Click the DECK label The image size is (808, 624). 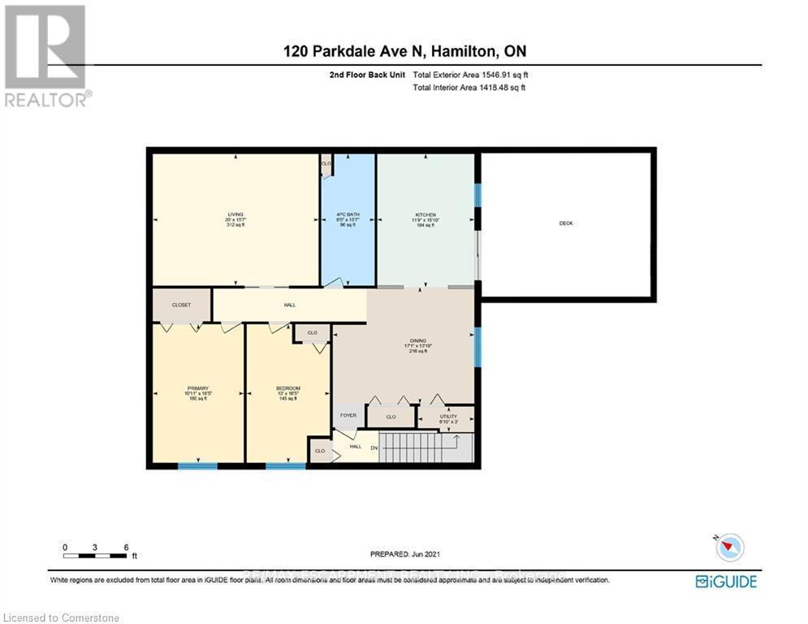tap(566, 223)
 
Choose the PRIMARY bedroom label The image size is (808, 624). tap(198, 392)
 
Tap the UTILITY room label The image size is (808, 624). tap(447, 418)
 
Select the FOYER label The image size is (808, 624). tap(348, 414)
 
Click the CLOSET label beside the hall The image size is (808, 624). tap(182, 305)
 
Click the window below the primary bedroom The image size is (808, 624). tap(197, 466)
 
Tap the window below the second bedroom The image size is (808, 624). tap(285, 466)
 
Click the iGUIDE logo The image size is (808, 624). tap(726, 581)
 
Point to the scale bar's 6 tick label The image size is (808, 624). tap(126, 547)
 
